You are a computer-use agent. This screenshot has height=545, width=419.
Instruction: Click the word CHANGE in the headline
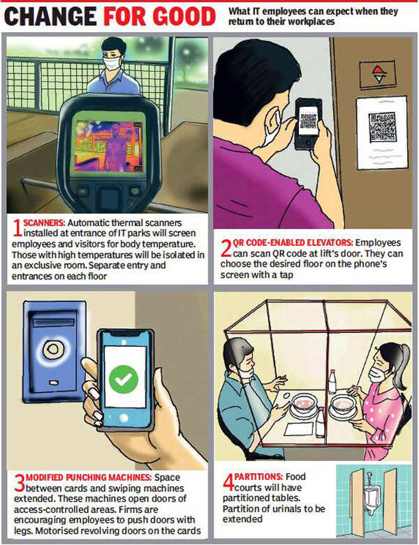coord(50,16)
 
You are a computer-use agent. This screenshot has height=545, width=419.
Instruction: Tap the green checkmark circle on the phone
coord(124,379)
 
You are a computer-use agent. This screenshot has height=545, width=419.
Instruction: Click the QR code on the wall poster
coord(382,127)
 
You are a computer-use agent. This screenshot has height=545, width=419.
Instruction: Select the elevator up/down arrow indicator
coord(378,74)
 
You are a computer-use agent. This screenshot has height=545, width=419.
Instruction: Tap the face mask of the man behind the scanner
coord(112,64)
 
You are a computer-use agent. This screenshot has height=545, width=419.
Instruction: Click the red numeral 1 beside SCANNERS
coord(17,227)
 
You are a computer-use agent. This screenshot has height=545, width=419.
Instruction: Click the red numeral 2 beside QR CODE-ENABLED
coord(226,248)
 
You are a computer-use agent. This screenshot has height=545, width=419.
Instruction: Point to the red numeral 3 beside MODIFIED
coord(20,482)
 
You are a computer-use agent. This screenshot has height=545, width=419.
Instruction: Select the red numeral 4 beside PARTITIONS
coord(228,481)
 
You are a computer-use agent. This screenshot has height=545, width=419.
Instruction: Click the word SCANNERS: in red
coord(44,223)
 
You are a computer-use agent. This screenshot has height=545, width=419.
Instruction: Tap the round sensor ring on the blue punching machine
coord(53,349)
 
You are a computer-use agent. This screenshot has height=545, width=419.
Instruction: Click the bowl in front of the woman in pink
coord(342,404)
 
